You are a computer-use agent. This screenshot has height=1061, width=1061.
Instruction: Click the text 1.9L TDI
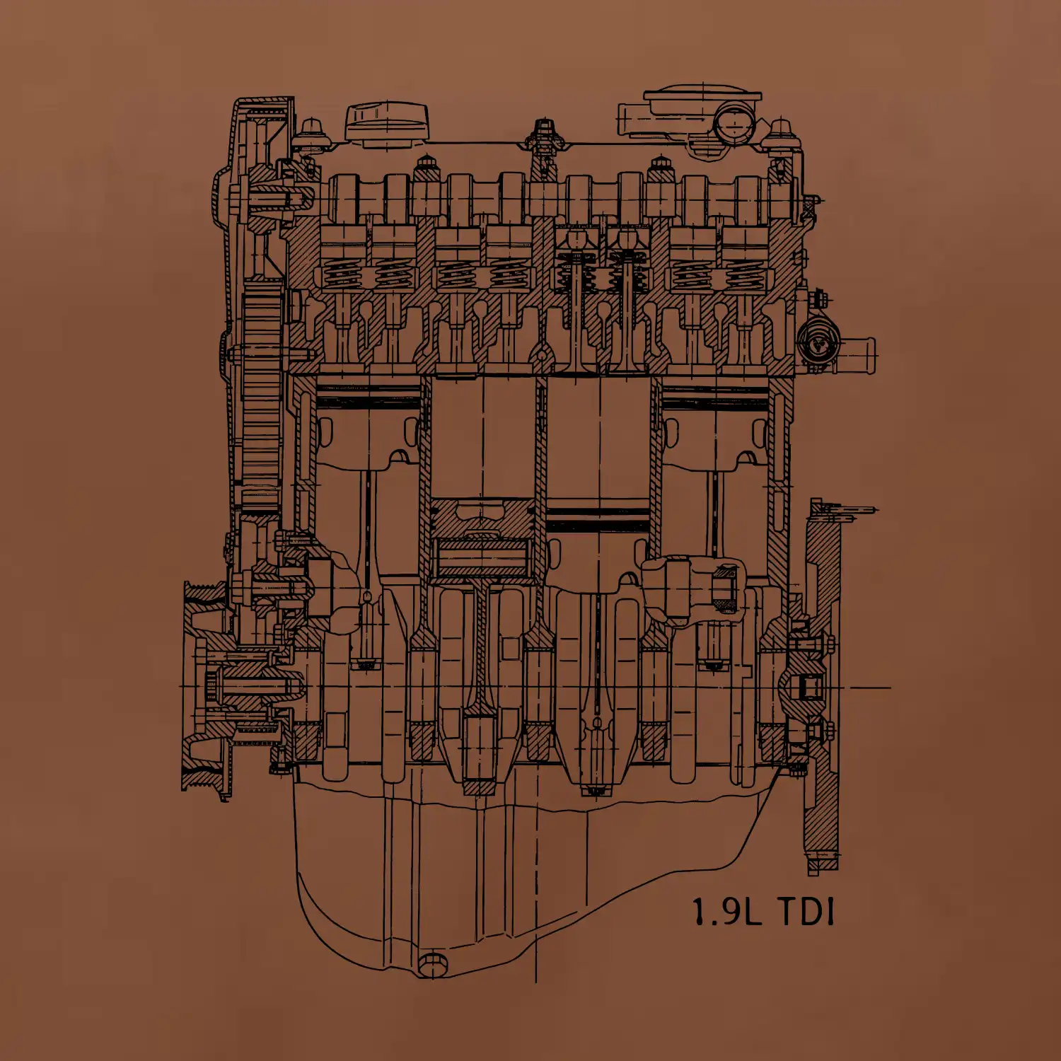click(x=763, y=912)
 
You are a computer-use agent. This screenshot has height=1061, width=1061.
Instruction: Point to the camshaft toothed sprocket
click(x=260, y=396)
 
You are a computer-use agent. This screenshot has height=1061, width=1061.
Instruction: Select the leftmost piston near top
click(x=368, y=424)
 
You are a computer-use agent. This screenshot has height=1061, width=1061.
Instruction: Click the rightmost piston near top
click(x=714, y=424)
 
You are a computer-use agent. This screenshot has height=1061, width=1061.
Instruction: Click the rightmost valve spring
click(x=742, y=274)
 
